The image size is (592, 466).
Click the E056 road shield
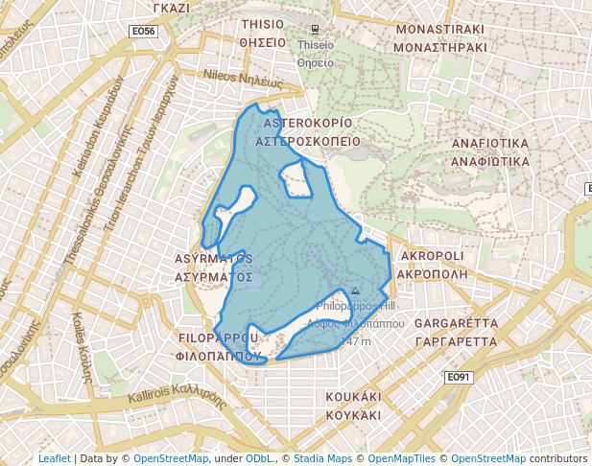pyautogui.click(x=143, y=32)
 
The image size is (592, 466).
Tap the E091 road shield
pyautogui.click(x=460, y=378)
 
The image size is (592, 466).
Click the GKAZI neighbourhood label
pyautogui.click(x=171, y=7)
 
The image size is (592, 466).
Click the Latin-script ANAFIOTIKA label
pyautogui.click(x=490, y=144)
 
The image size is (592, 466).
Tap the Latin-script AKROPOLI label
pyautogui.click(x=432, y=257)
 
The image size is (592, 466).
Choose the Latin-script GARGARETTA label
pyautogui.click(x=456, y=323)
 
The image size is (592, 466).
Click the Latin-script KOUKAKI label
pyautogui.click(x=354, y=396)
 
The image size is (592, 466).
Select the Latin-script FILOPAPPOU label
pyautogui.click(x=220, y=338)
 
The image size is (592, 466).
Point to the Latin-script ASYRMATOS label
pyautogui.click(x=215, y=259)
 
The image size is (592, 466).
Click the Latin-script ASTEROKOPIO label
pyautogui.click(x=308, y=124)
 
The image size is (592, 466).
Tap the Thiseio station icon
pyautogui.click(x=316, y=29)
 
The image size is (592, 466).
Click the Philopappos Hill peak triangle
pyautogui.click(x=355, y=291)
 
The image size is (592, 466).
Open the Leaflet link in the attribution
pyautogui.click(x=55, y=458)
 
